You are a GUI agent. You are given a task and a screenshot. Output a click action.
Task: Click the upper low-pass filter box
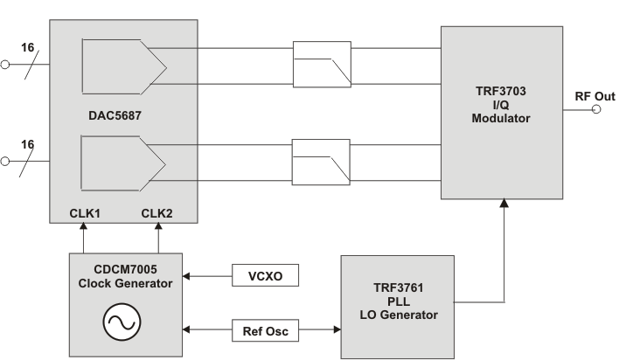click(322, 64)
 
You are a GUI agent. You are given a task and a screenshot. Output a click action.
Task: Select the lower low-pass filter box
click(322, 160)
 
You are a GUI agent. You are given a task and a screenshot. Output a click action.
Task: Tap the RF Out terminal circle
click(597, 110)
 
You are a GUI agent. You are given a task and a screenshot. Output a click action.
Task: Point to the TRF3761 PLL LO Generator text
click(397, 301)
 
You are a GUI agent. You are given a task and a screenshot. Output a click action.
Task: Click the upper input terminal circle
click(7, 63)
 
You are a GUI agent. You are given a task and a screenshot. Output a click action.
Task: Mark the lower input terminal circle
click(7, 161)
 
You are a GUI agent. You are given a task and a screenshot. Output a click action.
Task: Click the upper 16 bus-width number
click(26, 47)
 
